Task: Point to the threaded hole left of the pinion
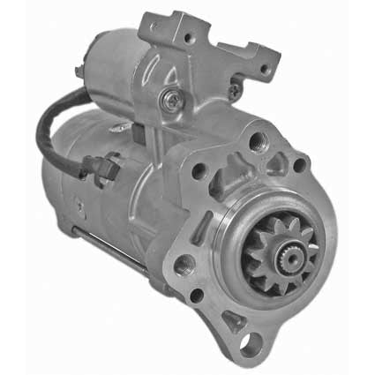[185, 262]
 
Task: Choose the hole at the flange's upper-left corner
[200, 171]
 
